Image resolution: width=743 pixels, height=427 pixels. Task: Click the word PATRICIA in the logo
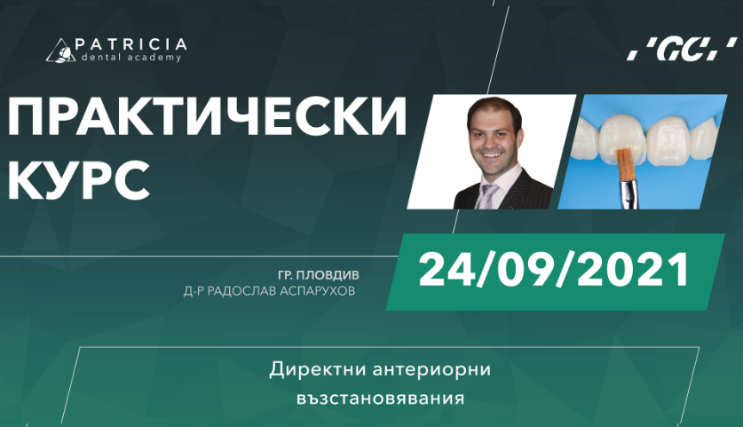pos(130,44)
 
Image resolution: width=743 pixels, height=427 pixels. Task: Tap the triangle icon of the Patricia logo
pos(60,51)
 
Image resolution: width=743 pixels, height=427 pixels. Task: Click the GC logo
pos(682,49)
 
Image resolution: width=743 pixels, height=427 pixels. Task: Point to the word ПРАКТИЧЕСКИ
pos(207,116)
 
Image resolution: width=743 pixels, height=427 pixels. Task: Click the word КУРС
pos(79,181)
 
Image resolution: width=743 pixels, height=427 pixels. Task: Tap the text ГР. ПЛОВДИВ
pos(319,275)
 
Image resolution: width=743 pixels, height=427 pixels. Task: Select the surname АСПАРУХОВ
pos(318,291)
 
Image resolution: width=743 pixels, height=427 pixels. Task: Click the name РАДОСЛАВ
pos(241,291)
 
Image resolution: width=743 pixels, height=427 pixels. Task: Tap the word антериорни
pos(431,369)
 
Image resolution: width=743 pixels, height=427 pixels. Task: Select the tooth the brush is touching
pos(622,138)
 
